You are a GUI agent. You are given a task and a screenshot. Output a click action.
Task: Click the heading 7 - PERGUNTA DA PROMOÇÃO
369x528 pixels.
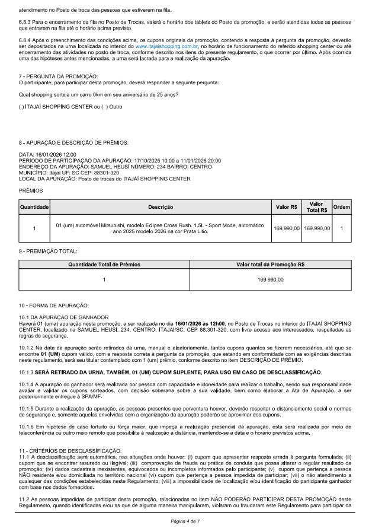tap(56, 77)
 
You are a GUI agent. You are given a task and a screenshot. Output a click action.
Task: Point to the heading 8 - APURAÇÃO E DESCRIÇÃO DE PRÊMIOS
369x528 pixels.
tap(73, 143)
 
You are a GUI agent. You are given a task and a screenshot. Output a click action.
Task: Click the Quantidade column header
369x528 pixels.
tap(34, 207)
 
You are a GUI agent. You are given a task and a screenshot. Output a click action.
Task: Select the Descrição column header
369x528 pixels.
tap(161, 207)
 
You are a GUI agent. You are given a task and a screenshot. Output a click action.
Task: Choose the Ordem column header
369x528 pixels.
tap(342, 207)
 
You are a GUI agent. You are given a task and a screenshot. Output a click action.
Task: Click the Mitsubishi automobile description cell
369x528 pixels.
tap(161, 228)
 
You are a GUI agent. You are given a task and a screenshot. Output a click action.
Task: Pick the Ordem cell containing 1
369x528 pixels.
tap(342, 228)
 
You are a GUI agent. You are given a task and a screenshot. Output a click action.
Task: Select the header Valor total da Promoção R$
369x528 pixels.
tap(270, 266)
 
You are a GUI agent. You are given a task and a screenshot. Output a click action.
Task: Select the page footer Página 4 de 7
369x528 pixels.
tap(184, 520)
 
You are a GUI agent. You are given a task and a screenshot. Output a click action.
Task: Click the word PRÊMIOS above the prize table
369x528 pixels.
tap(31, 192)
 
